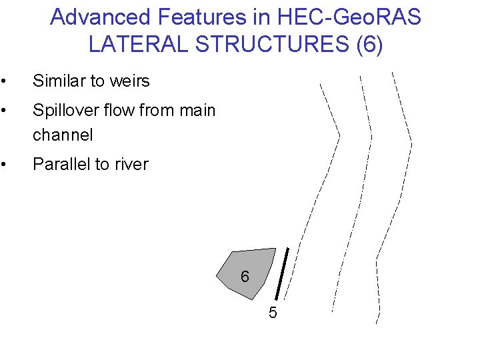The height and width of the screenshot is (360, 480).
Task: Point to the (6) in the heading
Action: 370,45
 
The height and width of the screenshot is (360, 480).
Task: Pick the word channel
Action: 62,135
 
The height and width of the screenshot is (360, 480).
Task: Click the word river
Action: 129,164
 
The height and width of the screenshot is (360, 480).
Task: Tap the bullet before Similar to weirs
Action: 4,82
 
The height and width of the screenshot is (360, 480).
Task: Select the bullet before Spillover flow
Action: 4,111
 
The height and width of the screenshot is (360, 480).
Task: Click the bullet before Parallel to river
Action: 4,165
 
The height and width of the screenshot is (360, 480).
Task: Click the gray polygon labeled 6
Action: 257,263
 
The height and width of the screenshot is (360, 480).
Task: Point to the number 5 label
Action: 273,313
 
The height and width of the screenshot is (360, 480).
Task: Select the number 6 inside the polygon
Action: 245,277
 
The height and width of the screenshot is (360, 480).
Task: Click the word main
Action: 197,110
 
